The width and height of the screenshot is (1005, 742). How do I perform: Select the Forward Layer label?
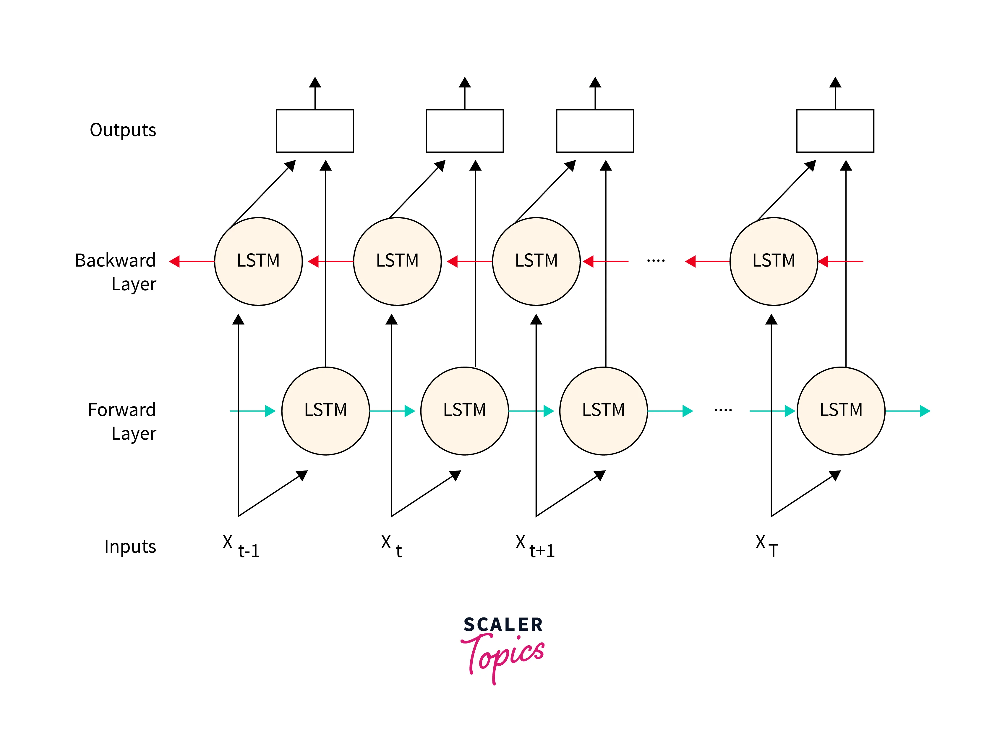tap(122, 421)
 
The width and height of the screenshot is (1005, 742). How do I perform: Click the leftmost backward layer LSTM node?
tap(258, 262)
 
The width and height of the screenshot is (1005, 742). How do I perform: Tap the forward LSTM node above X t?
tap(464, 411)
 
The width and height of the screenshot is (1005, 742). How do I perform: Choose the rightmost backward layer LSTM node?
tap(774, 262)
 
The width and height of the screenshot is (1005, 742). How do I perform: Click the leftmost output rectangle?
tap(315, 131)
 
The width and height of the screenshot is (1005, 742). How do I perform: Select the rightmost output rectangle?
tap(835, 131)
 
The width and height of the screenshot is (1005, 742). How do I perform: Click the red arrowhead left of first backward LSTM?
tap(174, 262)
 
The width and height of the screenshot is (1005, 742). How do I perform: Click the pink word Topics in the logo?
tap(503, 656)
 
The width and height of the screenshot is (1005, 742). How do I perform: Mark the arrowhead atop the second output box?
tap(465, 82)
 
